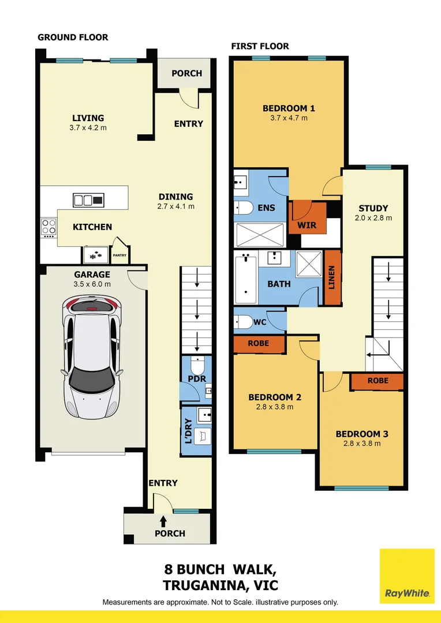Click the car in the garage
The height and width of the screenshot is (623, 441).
pyautogui.click(x=92, y=359)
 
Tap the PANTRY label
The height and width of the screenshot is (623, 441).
pyautogui.click(x=120, y=254)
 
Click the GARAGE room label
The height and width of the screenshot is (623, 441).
pyautogui.click(x=92, y=275)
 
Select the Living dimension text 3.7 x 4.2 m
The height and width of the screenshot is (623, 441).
pyautogui.click(x=87, y=128)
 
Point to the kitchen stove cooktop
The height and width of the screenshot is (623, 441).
pyautogui.click(x=48, y=227)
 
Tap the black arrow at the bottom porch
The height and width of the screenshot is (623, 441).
pyautogui.click(x=163, y=521)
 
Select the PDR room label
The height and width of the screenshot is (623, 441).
pyautogui.click(x=197, y=378)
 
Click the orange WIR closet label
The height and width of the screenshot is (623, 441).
pyautogui.click(x=307, y=225)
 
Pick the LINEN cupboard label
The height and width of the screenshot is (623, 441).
pyautogui.click(x=331, y=277)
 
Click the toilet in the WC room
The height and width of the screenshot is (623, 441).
pyautogui.click(x=243, y=321)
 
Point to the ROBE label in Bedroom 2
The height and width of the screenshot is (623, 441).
pyautogui.click(x=258, y=343)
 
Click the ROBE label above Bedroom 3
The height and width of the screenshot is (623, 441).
pyautogui.click(x=378, y=381)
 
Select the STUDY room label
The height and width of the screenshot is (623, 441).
pyautogui.click(x=373, y=208)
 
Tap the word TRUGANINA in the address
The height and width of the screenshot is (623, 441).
pyautogui.click(x=204, y=586)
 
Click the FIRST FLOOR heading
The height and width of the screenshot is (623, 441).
pyautogui.click(x=260, y=46)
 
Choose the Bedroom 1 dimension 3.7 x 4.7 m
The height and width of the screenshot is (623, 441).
pyautogui.click(x=289, y=118)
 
